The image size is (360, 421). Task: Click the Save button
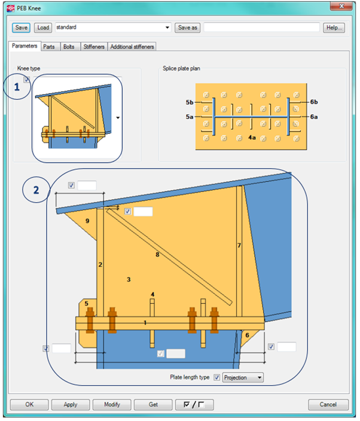coord(21,28)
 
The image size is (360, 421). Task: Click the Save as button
coord(187,28)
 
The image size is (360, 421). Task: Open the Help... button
coord(334,28)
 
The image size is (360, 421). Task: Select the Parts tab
coord(49,47)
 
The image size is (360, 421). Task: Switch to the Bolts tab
coord(69,47)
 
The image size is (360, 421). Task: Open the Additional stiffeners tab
coord(132,47)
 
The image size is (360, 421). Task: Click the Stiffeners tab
coord(94,47)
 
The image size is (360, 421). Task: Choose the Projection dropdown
coord(243,377)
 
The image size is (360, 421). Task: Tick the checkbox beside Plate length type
coord(216,377)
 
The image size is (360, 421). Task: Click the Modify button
coord(112,404)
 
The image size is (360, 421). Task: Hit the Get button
coord(153,404)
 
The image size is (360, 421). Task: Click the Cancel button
coord(328,404)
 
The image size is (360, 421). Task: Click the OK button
coord(29,404)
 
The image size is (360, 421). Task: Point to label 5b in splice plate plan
coord(190,102)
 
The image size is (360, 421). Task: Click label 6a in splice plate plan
coord(314,117)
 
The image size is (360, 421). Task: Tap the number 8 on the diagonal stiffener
coord(157,255)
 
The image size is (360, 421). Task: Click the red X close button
coord(341,6)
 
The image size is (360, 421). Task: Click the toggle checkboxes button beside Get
coord(194,404)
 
